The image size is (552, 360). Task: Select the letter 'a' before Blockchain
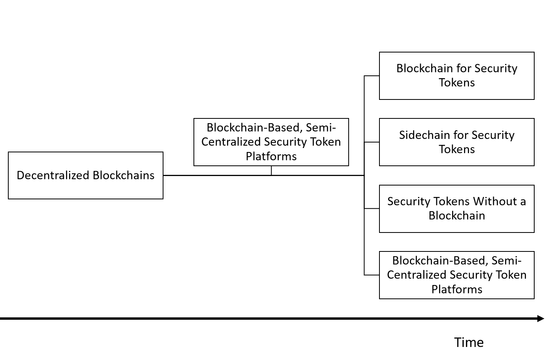point(523,201)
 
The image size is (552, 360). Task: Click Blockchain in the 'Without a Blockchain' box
point(456,216)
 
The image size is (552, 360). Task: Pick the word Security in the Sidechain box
point(493,135)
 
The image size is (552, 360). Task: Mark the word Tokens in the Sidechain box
point(456,149)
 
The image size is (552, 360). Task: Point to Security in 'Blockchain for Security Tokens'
point(496,68)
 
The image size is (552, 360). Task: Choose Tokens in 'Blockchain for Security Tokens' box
point(456,82)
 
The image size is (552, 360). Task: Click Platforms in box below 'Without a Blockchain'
point(456,289)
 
